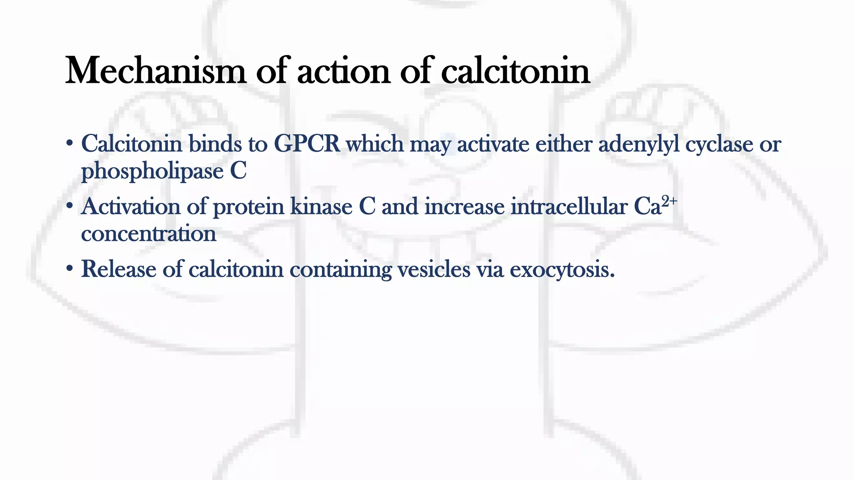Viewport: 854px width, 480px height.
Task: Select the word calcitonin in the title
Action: [x=515, y=71]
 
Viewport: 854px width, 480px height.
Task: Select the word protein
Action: [x=248, y=207]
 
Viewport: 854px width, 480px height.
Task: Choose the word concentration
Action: [x=148, y=233]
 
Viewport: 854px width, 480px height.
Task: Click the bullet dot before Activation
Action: [x=69, y=206]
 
